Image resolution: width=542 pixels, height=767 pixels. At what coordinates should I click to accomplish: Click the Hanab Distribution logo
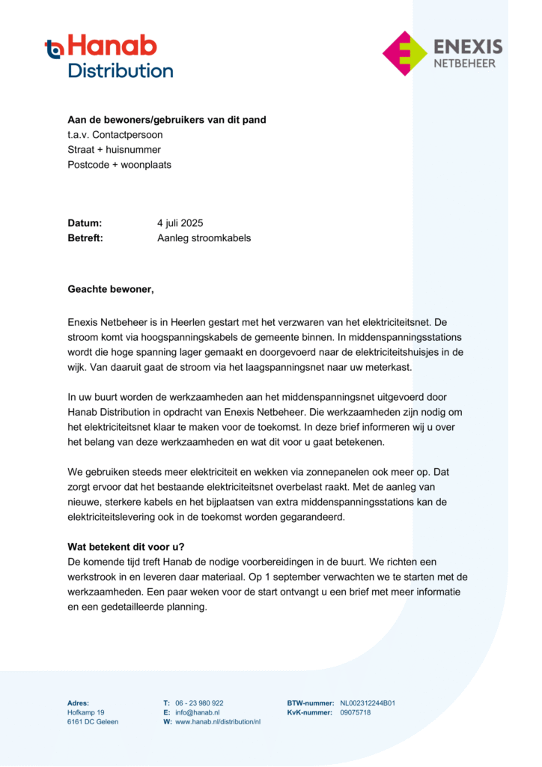109,57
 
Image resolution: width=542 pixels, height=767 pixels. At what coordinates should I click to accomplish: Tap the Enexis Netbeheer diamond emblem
405,53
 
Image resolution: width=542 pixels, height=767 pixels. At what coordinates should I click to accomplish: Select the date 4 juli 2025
180,223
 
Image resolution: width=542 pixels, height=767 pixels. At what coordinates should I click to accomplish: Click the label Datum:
85,223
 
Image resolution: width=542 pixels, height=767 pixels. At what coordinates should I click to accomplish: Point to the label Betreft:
85,238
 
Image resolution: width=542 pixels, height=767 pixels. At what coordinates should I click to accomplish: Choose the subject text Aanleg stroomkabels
204,238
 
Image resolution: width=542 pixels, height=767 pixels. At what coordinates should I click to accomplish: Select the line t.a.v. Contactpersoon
115,135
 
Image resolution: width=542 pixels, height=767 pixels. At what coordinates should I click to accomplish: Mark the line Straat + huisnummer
114,150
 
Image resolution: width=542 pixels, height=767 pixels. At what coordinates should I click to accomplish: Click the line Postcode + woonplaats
119,165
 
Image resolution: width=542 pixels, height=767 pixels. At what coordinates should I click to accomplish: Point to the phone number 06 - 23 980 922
199,703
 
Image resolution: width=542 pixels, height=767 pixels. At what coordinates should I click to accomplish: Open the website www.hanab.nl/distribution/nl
218,722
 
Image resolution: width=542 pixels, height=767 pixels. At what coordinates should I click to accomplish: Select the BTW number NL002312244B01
368,703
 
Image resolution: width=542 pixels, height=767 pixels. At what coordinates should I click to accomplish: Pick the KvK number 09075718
356,712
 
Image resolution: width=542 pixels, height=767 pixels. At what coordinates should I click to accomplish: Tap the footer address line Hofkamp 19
86,712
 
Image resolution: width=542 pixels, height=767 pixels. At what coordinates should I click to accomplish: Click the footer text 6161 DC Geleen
93,722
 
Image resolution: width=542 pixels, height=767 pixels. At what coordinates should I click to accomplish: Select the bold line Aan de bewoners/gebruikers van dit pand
166,120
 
